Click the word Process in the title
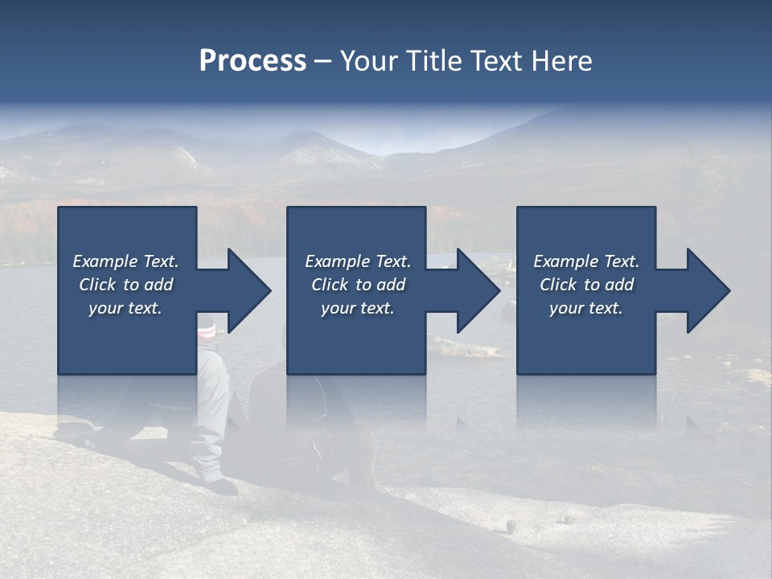tap(253, 61)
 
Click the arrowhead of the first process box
tap(245, 290)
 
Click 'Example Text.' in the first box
tap(125, 261)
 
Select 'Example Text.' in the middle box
tap(358, 261)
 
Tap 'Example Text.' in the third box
tap(586, 261)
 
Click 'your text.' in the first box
tap(125, 308)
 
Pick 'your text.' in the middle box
tap(358, 308)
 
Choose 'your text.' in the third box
tap(586, 308)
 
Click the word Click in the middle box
tap(331, 285)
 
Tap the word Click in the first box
tap(98, 285)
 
